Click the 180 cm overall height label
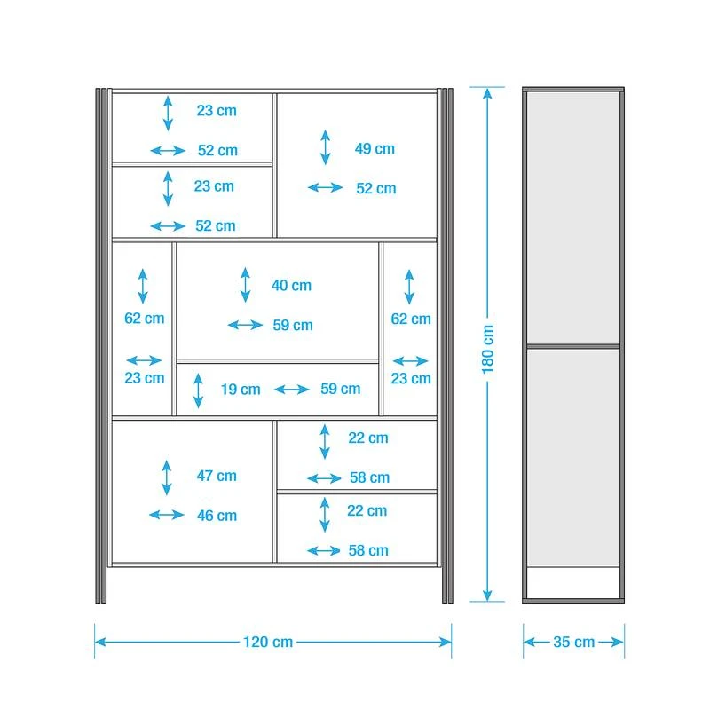pyautogui.click(x=487, y=349)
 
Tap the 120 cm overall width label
pyautogui.click(x=268, y=642)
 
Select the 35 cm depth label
pyautogui.click(x=573, y=642)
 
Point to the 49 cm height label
pyautogui.click(x=375, y=148)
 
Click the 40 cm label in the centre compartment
pyautogui.click(x=291, y=285)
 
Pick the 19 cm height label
pyautogui.click(x=241, y=389)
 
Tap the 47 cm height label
pyautogui.click(x=217, y=476)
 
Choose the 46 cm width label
pyautogui.click(x=217, y=516)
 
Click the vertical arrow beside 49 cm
pyautogui.click(x=325, y=147)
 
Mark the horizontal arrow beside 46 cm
pyautogui.click(x=167, y=515)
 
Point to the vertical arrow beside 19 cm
pyautogui.click(x=198, y=390)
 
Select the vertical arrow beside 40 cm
pyautogui.click(x=246, y=285)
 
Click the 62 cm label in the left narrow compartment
pyautogui.click(x=145, y=318)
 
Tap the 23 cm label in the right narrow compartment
pyautogui.click(x=411, y=378)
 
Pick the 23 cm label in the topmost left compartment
pyautogui.click(x=217, y=110)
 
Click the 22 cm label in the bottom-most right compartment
pyautogui.click(x=367, y=510)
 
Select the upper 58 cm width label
pyautogui.click(x=369, y=477)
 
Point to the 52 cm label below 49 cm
pyautogui.click(x=375, y=188)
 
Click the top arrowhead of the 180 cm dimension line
pyautogui.click(x=487, y=93)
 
